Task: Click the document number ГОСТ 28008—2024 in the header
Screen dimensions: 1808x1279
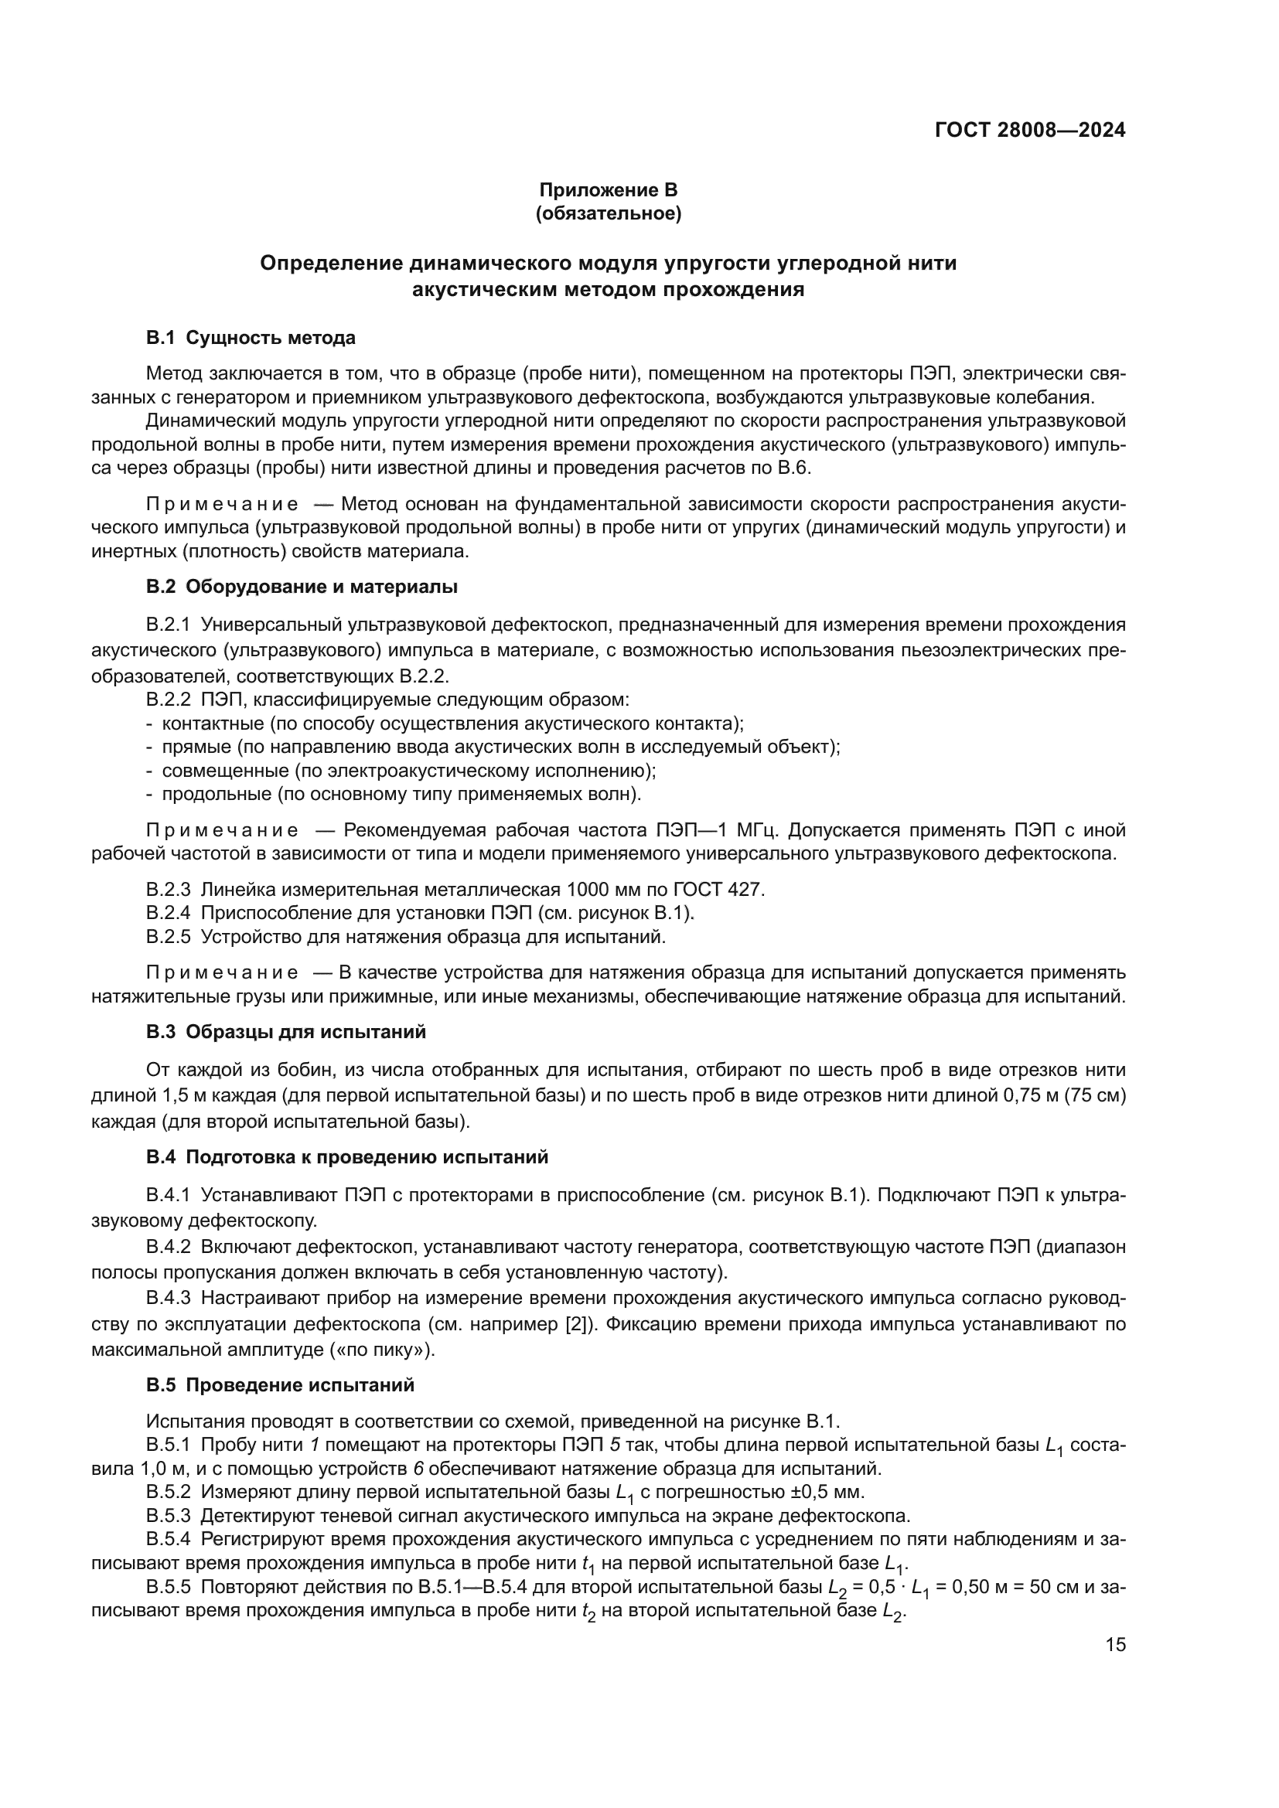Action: click(1029, 131)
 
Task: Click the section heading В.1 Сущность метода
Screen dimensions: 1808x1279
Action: click(251, 338)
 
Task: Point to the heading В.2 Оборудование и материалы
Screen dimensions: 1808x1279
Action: click(302, 587)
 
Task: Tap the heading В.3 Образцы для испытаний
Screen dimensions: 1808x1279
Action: click(286, 1033)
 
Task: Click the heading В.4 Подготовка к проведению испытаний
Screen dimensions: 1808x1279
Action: click(346, 1158)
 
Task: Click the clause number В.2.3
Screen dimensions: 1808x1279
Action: click(168, 890)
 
